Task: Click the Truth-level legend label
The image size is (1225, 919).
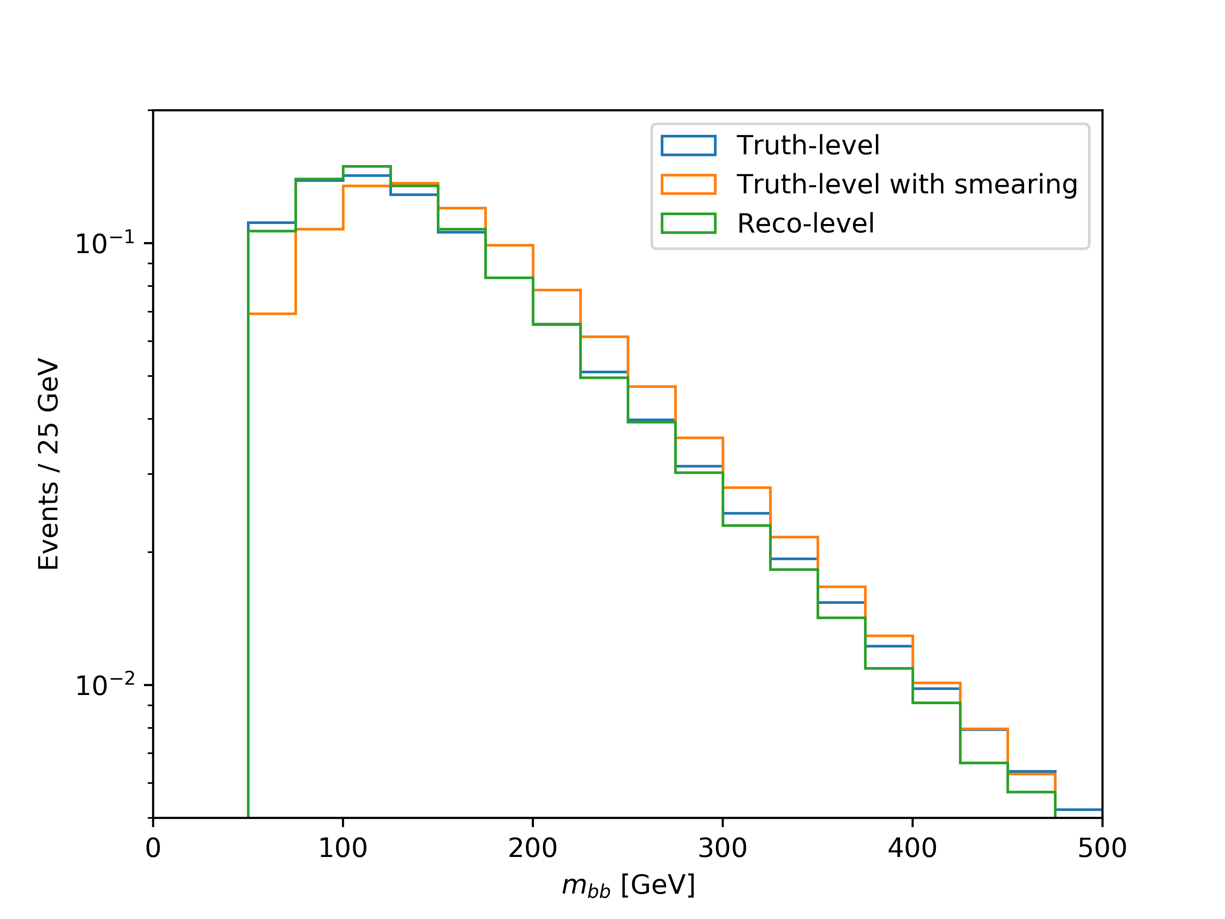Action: click(x=807, y=146)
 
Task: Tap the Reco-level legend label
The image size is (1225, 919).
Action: click(x=805, y=223)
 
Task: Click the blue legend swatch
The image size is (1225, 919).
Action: click(x=688, y=146)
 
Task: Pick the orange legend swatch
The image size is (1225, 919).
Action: click(x=688, y=185)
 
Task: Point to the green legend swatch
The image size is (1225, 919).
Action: click(x=688, y=223)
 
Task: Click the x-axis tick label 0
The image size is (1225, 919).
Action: click(x=153, y=849)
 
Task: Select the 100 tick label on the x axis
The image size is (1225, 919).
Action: click(x=343, y=849)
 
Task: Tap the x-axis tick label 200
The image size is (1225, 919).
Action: click(x=533, y=849)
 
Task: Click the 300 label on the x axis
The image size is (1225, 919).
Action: click(x=723, y=849)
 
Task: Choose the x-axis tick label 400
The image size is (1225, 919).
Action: click(x=912, y=849)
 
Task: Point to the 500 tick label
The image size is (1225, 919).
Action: click(x=1102, y=849)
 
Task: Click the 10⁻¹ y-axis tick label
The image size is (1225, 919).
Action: click(x=105, y=243)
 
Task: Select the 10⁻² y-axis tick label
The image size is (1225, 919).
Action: click(x=105, y=685)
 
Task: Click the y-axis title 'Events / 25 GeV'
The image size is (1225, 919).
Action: click(x=49, y=464)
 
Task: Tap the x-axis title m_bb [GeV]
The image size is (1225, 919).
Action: click(x=629, y=886)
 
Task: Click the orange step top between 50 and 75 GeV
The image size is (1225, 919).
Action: click(x=272, y=314)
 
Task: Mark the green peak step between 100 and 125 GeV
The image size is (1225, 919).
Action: click(x=367, y=166)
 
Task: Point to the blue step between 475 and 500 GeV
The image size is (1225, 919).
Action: click(x=1079, y=810)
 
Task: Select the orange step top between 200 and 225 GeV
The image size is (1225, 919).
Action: click(x=557, y=290)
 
